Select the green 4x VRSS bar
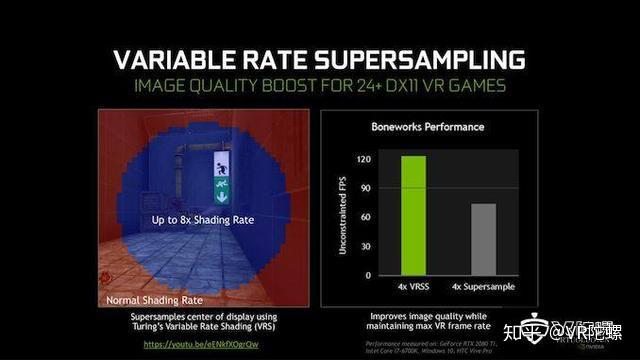coord(411,215)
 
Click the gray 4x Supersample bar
coord(484,239)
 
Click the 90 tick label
coord(367,188)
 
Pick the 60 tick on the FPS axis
coord(367,217)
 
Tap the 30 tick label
coord(367,246)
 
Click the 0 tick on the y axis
coord(369,275)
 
